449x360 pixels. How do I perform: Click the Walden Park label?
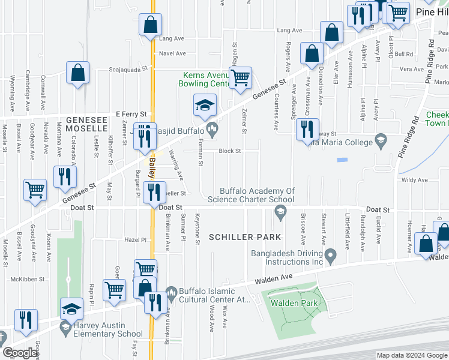[x=294, y=304]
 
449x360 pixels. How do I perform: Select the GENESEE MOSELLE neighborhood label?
[x=86, y=124]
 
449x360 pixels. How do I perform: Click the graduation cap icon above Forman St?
[x=205, y=105]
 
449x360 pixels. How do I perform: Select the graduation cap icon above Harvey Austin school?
[x=72, y=309]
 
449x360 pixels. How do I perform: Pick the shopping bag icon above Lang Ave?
[x=150, y=25]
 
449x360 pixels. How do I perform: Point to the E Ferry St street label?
[x=131, y=114]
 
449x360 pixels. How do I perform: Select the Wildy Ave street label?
[x=414, y=179]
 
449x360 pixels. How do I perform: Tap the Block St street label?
[x=229, y=151]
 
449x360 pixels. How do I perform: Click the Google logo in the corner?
[x=20, y=353]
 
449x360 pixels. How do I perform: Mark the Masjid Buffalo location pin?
[x=212, y=128]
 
